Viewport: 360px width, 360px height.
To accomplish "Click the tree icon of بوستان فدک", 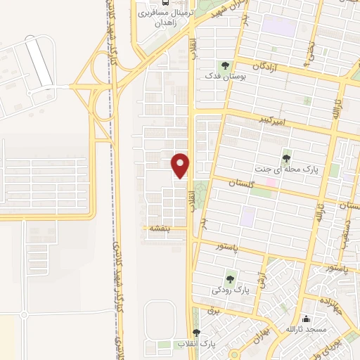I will (225, 65).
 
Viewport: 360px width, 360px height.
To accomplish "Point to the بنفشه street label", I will (156, 228).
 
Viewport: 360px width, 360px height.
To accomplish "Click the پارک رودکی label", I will (231, 289).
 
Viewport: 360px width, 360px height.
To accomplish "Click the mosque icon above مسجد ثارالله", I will (305, 319).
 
